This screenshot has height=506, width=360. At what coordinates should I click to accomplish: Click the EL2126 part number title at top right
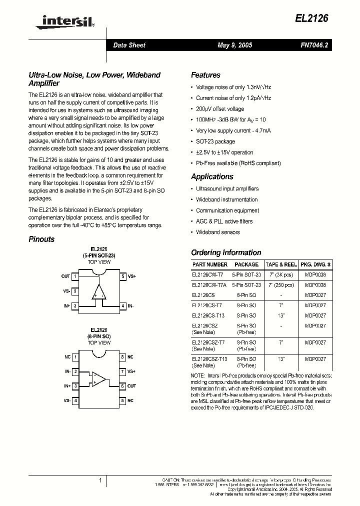tap(311, 18)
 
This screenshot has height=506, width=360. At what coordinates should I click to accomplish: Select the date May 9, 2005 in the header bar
tap(234, 45)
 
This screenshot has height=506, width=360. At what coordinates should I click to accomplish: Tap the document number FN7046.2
tap(314, 45)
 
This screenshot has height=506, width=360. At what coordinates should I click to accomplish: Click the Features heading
tap(205, 75)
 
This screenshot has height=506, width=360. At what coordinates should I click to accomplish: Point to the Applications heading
tap(212, 176)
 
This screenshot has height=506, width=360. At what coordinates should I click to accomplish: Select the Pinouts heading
tap(41, 239)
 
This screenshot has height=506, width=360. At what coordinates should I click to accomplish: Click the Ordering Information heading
tap(226, 252)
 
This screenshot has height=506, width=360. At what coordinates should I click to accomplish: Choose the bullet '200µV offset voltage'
tap(220, 108)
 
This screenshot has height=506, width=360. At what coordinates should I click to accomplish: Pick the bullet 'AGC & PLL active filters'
tap(224, 221)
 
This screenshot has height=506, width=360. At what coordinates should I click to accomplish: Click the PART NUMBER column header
tap(209, 264)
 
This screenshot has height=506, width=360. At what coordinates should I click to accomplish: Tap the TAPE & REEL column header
tap(281, 264)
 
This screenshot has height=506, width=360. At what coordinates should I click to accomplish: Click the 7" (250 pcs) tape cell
tap(281, 284)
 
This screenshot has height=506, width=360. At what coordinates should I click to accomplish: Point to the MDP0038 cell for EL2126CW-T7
tap(315, 274)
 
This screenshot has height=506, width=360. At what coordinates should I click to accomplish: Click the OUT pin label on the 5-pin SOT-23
tap(65, 276)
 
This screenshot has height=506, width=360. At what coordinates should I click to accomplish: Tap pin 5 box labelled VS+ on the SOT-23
tap(123, 276)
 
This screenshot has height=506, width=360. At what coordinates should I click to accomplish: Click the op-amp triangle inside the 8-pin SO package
tap(98, 378)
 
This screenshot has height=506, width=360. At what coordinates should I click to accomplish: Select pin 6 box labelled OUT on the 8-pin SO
tap(122, 386)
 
